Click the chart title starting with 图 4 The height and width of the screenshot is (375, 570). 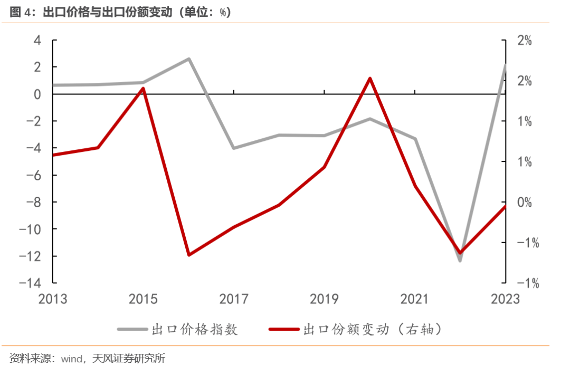120,12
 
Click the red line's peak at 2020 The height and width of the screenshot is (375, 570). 369,79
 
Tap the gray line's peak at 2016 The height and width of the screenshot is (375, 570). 188,59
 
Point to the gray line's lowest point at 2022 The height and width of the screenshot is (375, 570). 460,260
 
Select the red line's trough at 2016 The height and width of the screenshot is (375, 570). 188,255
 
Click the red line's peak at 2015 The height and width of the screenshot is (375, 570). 143,88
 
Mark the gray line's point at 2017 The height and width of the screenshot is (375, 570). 234,148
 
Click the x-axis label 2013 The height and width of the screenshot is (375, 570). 53,300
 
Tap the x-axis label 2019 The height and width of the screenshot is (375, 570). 324,300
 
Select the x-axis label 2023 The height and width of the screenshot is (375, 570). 505,300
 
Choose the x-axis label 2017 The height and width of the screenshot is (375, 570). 234,300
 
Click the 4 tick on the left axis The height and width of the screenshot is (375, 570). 37,41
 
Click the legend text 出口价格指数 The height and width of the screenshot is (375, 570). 195,330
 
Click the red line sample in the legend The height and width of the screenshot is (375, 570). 284,330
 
